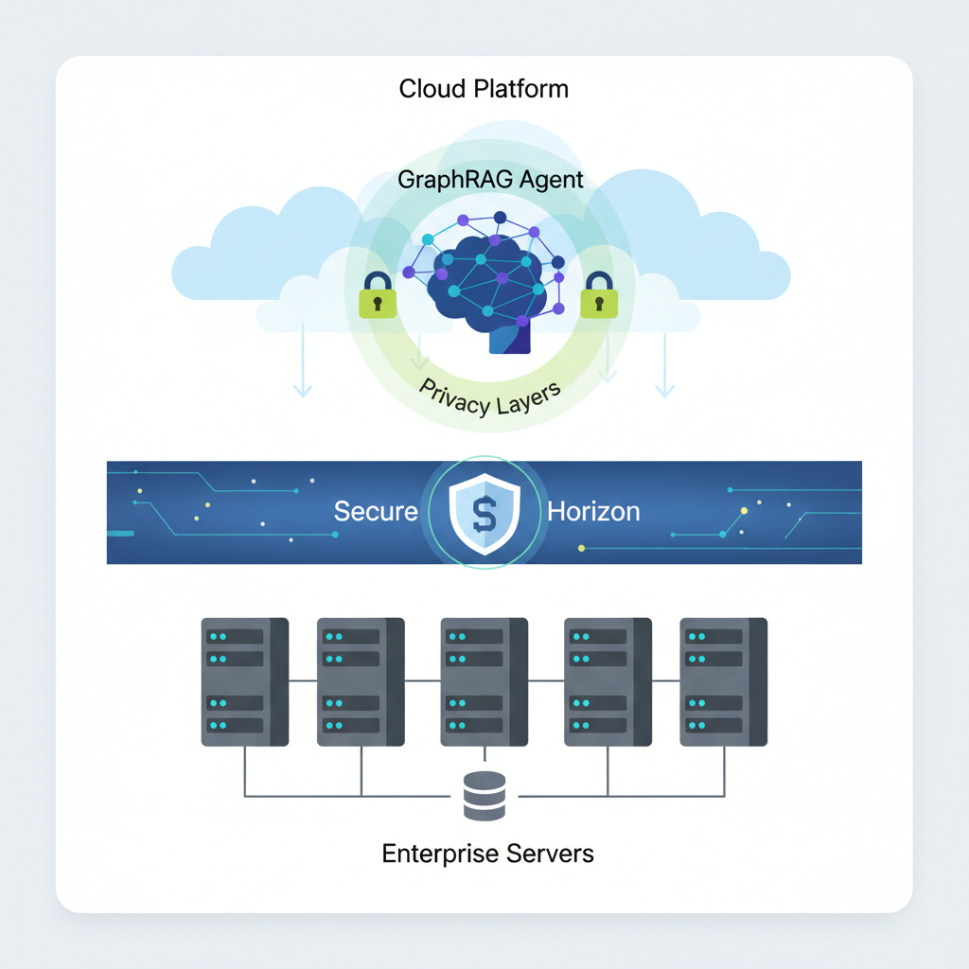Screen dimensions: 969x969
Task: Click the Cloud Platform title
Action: pyautogui.click(x=484, y=90)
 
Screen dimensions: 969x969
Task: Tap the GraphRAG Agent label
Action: pyautogui.click(x=490, y=180)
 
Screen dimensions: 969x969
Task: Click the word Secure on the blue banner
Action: pyautogui.click(x=376, y=512)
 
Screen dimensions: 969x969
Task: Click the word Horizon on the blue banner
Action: pyautogui.click(x=593, y=512)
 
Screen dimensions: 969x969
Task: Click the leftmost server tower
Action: pyautogui.click(x=245, y=681)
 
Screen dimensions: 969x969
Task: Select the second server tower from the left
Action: pyautogui.click(x=361, y=681)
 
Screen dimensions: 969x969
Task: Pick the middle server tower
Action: pyautogui.click(x=484, y=681)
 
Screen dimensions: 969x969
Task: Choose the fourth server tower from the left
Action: pyautogui.click(x=608, y=681)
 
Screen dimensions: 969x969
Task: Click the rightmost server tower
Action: pyautogui.click(x=723, y=681)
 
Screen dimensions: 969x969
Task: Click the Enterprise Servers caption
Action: pyautogui.click(x=487, y=854)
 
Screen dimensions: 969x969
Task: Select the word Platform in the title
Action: pyautogui.click(x=522, y=90)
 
